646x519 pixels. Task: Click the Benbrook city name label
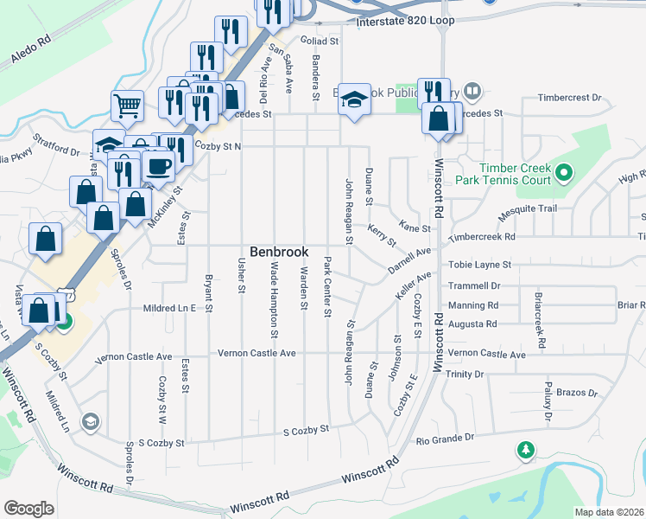[x=278, y=252]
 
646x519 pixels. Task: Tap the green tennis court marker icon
[x=564, y=173]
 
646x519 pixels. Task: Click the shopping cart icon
[x=127, y=106]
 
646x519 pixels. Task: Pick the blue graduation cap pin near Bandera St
[x=353, y=99]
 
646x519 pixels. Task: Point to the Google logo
[x=28, y=508]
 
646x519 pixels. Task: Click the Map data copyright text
[x=609, y=511]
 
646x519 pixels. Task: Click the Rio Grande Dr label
[x=445, y=439]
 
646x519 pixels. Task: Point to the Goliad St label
[x=319, y=40]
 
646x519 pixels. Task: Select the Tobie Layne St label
[x=479, y=264]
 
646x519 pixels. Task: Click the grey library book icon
[x=472, y=90]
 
